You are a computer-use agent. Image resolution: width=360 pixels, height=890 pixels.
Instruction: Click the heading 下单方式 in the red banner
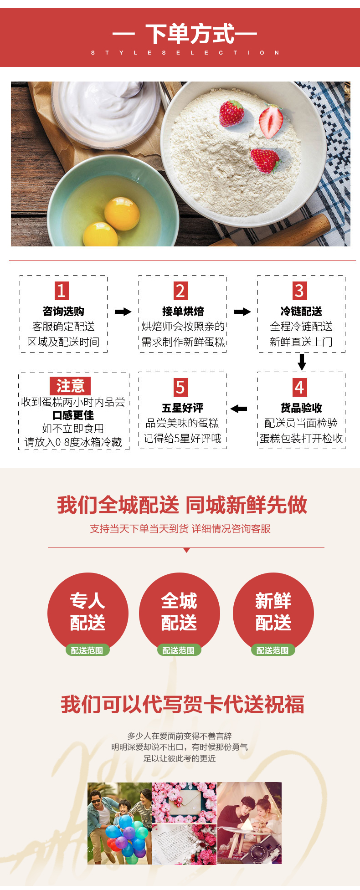pos(190,34)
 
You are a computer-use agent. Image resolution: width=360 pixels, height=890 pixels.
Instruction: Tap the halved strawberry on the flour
pos(272,121)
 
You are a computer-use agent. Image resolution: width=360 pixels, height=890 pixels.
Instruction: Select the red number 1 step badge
pos(62,291)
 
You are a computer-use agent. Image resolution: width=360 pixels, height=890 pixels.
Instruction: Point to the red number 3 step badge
pos(299,291)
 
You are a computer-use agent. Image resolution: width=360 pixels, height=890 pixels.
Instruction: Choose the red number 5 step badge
pos(180,387)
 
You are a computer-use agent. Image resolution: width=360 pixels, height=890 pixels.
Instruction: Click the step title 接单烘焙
pos(183,312)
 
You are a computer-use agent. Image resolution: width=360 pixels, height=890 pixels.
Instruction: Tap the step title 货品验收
pos(301,408)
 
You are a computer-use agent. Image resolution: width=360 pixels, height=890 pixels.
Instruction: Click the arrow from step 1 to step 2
pos(123,312)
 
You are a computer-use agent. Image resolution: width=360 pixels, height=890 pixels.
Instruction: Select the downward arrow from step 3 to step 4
pos(302,362)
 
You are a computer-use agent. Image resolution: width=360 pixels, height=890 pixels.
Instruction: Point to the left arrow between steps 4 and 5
pos(239,409)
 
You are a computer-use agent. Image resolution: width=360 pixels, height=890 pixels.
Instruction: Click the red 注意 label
pos(70,386)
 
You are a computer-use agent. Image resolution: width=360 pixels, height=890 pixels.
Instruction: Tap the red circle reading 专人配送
pos(87,611)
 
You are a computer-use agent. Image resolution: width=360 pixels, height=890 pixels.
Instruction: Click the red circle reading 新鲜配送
pos(273,611)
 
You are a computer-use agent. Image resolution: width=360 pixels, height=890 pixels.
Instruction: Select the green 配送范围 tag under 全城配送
pos(179,650)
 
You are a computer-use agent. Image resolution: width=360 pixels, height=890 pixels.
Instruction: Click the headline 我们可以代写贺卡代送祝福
pos(182,704)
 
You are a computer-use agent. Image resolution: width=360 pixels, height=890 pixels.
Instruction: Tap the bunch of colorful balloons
pos(124,837)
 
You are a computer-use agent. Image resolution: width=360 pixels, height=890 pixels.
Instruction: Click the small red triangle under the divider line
pos(186,550)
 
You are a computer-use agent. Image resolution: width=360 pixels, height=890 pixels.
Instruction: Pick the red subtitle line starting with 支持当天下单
pos(180,528)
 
